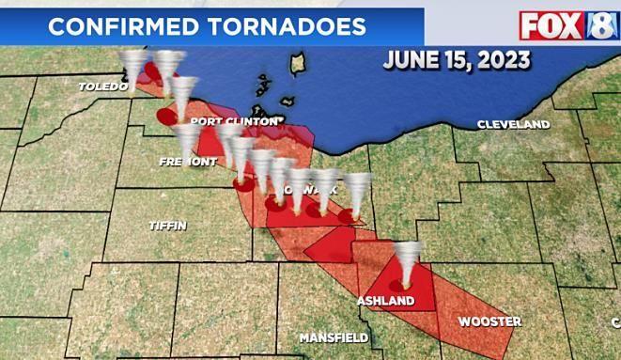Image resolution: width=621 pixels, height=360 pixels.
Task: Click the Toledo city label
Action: point(102,86)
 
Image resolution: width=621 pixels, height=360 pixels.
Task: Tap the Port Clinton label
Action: point(234,121)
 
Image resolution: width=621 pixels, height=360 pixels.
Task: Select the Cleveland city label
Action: point(513,124)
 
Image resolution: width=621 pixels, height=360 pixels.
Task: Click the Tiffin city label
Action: point(168,226)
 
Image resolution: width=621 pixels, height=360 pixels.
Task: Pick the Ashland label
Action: point(385,300)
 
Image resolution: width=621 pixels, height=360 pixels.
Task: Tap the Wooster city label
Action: point(489,321)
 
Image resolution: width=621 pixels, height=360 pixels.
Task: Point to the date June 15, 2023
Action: point(456,61)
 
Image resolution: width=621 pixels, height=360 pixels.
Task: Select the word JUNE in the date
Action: point(411,61)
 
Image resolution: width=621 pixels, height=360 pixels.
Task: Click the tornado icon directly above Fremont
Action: point(188,138)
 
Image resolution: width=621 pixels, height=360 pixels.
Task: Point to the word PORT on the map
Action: point(206,121)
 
